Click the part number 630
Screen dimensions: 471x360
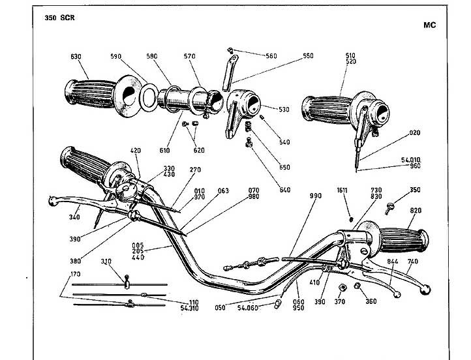click(x=76, y=57)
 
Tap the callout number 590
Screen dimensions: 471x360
click(x=115, y=57)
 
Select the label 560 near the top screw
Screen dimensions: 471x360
click(x=271, y=56)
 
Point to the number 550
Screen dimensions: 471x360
click(x=308, y=56)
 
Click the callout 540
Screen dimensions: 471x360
click(x=284, y=142)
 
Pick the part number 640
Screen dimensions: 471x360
click(x=285, y=190)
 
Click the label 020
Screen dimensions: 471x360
click(x=414, y=132)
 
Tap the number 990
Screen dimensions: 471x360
click(x=315, y=196)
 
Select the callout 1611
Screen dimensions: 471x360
click(x=342, y=190)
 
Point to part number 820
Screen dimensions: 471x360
click(x=416, y=211)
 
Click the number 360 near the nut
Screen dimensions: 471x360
click(x=371, y=301)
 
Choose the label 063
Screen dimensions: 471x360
click(x=223, y=191)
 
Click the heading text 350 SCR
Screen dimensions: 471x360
click(x=59, y=18)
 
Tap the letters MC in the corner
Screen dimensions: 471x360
click(x=429, y=25)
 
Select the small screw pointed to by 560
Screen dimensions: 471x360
click(x=230, y=50)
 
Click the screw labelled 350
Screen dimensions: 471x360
click(x=389, y=209)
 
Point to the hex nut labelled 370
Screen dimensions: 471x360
click(x=342, y=288)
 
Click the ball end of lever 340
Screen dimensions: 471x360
click(x=53, y=201)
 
